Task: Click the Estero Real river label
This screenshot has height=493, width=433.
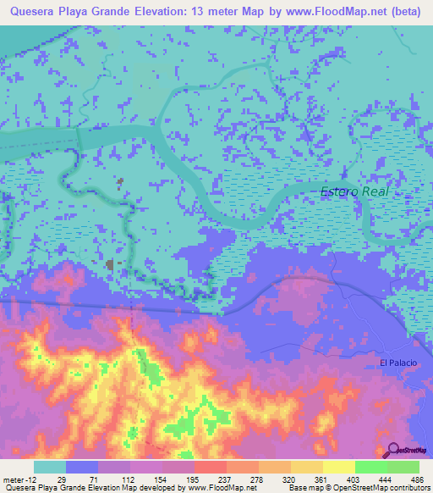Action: (354, 192)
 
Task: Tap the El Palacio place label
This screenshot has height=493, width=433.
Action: (397, 363)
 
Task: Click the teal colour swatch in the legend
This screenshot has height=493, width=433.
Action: (50, 467)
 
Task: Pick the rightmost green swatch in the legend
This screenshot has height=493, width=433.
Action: (403, 467)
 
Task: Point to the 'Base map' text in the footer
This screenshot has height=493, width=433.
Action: (303, 489)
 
